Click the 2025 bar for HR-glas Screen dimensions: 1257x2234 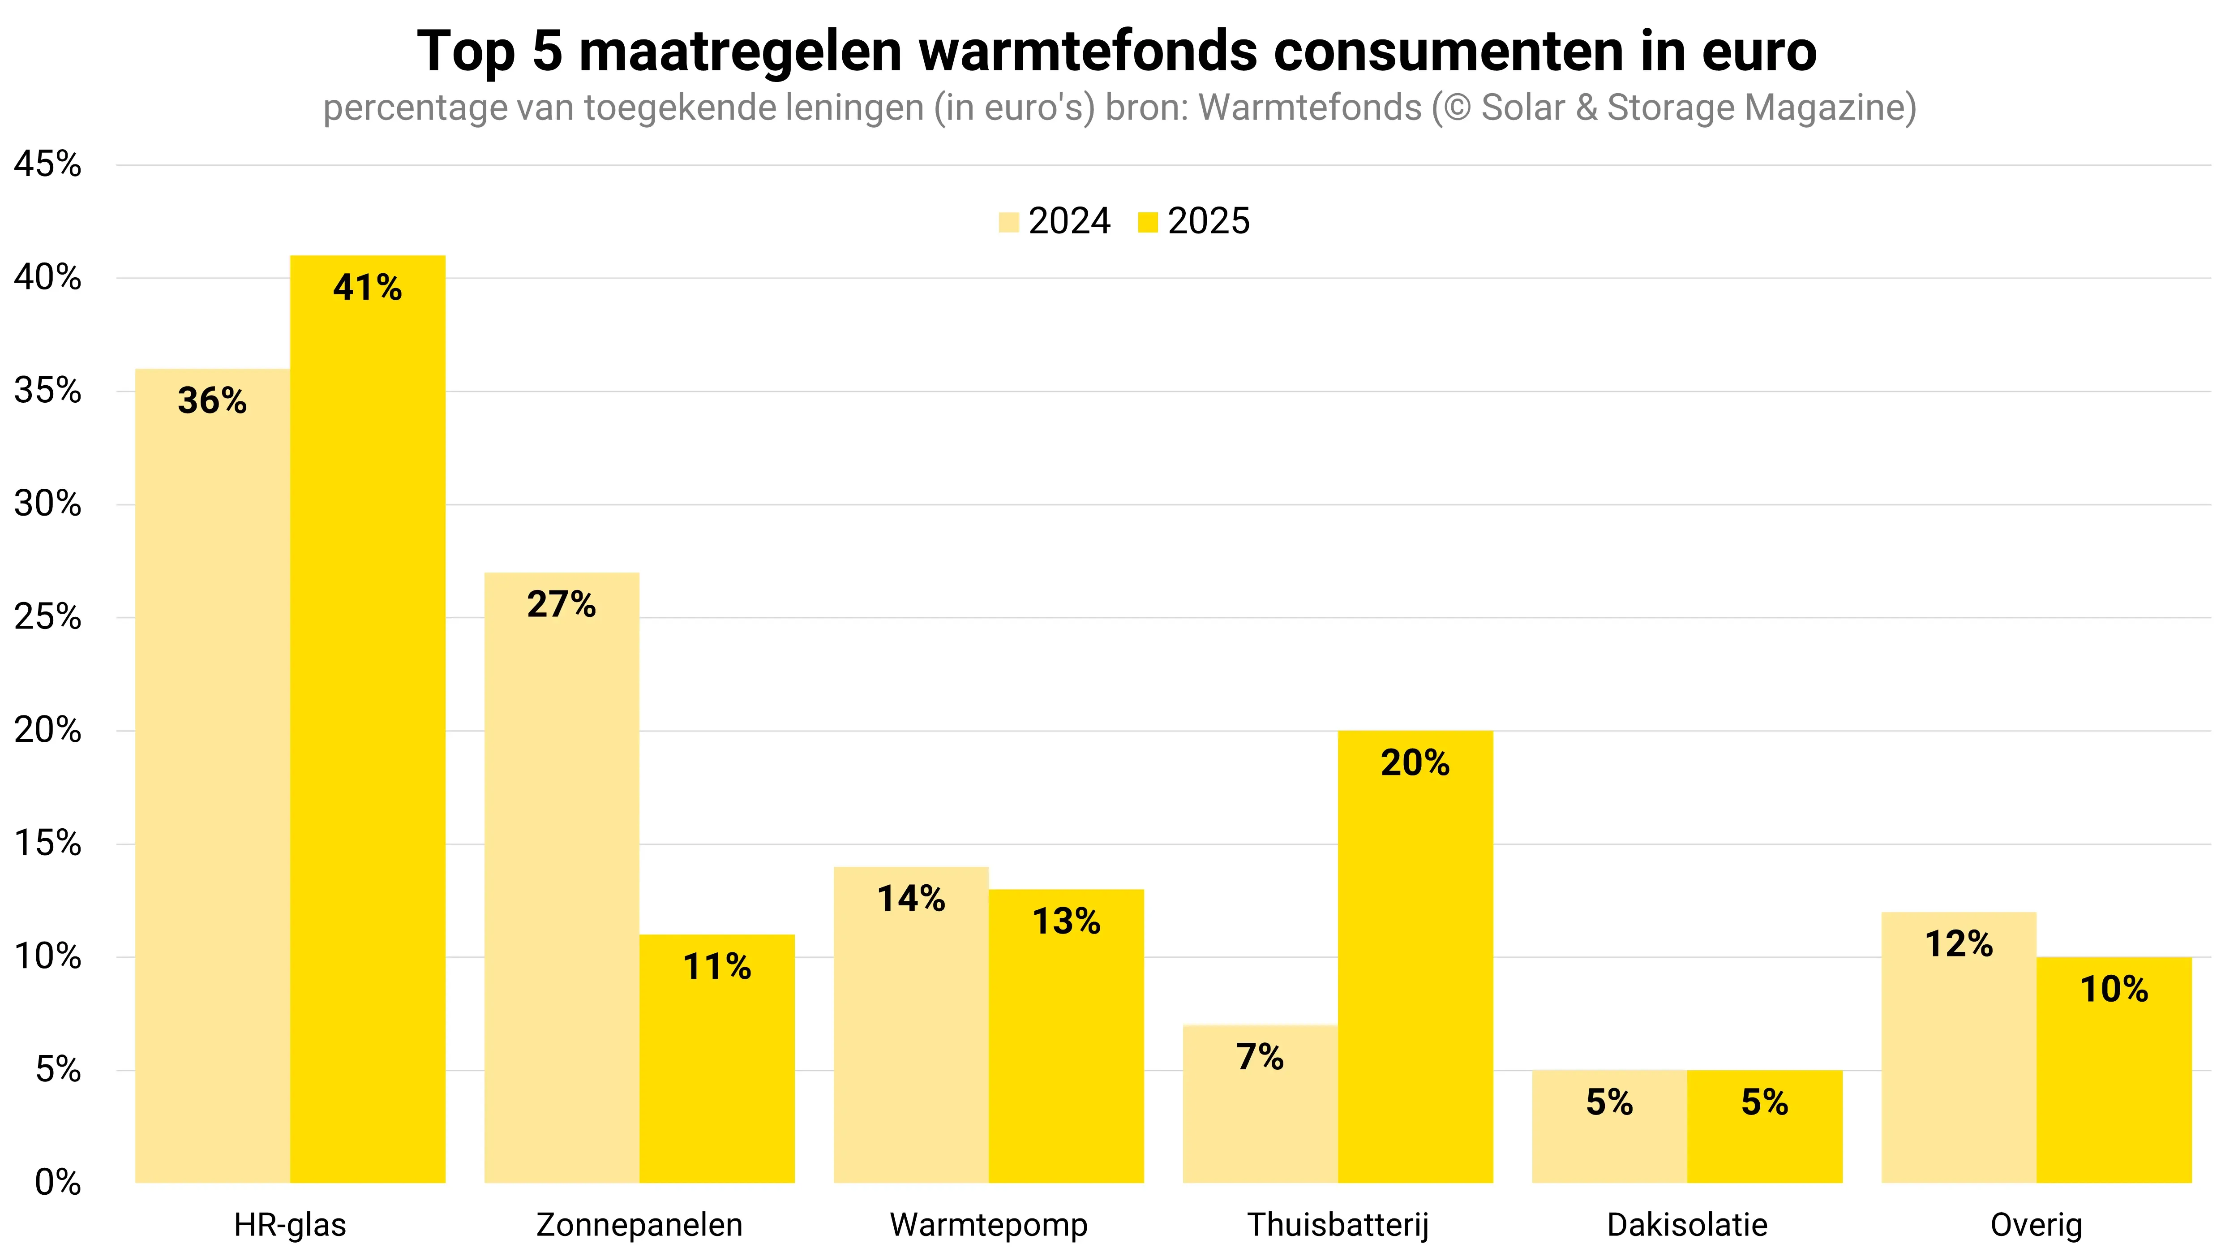368,720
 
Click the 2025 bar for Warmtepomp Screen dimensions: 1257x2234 1066,1037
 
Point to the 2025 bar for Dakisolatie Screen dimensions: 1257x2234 1765,1127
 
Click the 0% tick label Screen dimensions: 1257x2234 57,1182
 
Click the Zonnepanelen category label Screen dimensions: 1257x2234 639,1225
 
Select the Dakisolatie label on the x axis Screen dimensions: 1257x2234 1687,1225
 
